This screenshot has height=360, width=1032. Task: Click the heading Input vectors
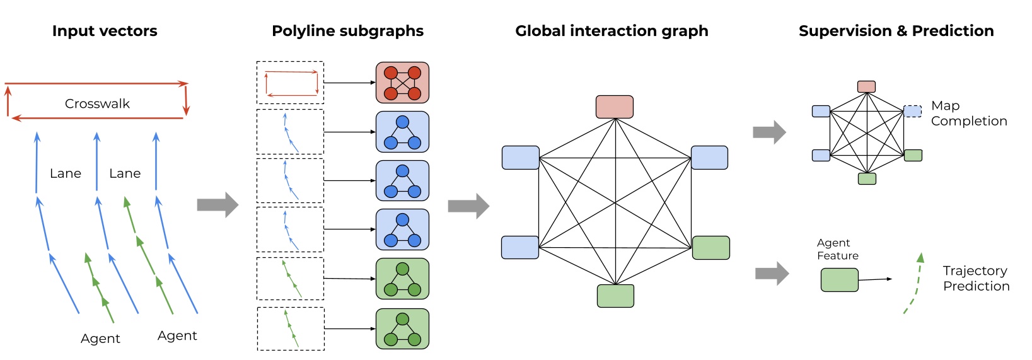coord(105,31)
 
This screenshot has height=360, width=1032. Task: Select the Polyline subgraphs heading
coord(347,31)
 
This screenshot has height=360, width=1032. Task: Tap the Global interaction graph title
coord(612,31)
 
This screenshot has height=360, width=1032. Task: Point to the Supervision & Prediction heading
coord(896,31)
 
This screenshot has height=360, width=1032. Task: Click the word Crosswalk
coord(97,103)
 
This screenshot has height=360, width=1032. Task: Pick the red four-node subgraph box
coord(402,83)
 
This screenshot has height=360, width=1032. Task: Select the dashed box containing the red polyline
coord(290,83)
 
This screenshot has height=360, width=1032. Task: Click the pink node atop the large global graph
coord(615,107)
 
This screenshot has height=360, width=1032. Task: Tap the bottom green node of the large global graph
coord(615,296)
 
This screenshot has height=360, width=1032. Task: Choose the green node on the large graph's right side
coord(711,248)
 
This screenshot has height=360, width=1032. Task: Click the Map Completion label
coord(968,113)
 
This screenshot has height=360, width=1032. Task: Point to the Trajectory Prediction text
coord(976,278)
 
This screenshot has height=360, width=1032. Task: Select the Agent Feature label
coord(837,249)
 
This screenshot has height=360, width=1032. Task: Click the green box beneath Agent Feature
coord(839,280)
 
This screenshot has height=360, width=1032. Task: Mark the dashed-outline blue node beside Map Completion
coord(912,111)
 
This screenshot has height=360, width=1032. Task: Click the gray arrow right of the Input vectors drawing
coord(217,205)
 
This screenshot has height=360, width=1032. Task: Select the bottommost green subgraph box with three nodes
coord(402,328)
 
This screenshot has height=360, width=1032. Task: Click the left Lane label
coord(66,173)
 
